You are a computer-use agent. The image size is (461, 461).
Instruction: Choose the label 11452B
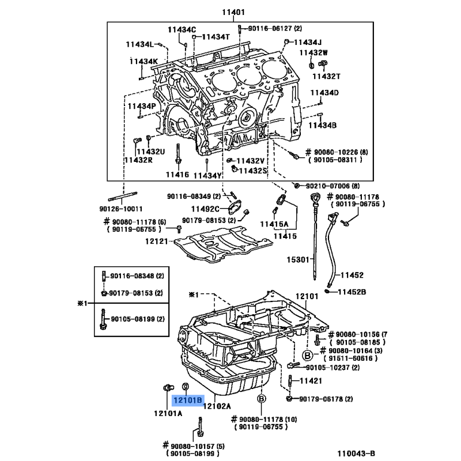click(x=352, y=292)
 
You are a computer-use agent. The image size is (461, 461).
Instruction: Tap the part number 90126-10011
click(x=120, y=208)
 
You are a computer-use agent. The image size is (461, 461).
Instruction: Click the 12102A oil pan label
click(x=218, y=406)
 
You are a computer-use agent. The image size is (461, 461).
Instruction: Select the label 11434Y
click(x=207, y=175)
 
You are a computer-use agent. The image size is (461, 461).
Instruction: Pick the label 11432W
click(x=313, y=52)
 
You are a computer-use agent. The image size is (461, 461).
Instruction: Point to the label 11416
click(x=177, y=175)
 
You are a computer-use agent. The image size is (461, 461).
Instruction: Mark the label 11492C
click(x=205, y=209)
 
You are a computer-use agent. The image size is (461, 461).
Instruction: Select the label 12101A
click(x=168, y=413)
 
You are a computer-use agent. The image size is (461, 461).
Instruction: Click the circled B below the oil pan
click(x=261, y=399)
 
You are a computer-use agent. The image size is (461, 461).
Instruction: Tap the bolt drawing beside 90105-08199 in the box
click(x=103, y=319)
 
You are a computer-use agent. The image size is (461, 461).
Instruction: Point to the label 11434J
click(x=308, y=41)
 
